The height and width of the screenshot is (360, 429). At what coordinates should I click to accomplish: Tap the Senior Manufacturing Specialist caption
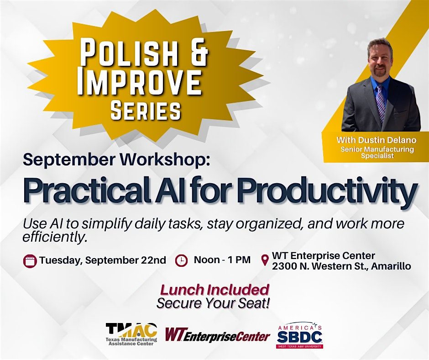(377, 152)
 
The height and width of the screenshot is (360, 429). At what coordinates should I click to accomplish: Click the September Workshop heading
(116, 160)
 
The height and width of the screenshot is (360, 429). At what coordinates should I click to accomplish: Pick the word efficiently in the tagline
(55, 237)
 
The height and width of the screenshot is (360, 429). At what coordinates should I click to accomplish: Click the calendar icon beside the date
(30, 261)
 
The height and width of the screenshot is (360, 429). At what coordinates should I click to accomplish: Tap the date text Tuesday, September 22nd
(103, 260)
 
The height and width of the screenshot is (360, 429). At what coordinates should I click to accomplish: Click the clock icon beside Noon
(181, 260)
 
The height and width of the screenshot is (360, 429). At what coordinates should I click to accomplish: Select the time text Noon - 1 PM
(222, 260)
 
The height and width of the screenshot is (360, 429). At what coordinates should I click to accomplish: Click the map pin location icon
(265, 260)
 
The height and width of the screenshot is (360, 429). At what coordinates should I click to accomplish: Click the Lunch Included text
(214, 290)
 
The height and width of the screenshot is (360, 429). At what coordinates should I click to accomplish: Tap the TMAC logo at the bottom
(131, 334)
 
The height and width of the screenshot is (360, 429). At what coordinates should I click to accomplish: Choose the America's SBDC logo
(299, 335)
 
